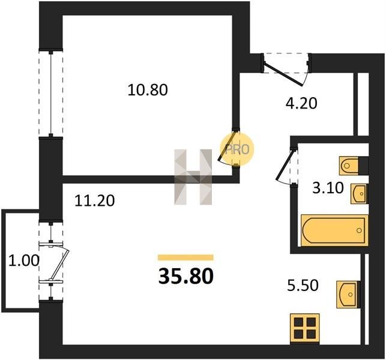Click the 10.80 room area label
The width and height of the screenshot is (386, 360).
148,89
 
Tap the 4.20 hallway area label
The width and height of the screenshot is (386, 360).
301,103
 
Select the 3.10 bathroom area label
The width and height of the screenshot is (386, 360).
328,188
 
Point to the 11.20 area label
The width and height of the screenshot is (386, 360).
94,200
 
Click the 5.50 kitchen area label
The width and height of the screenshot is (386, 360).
303,286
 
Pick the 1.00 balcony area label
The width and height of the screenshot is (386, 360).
24,260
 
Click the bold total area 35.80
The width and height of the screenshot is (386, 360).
186,276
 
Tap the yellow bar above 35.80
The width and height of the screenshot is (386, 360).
185,257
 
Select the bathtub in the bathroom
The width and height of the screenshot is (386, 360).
334,230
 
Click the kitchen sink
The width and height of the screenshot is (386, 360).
348,294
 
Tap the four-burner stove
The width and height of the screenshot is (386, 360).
305,328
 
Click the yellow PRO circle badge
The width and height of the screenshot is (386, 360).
237,149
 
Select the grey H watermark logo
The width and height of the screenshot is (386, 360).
193,177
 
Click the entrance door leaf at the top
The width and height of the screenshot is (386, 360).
283,74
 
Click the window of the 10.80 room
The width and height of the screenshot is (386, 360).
50,93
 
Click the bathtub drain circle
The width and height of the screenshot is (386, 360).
359,230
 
